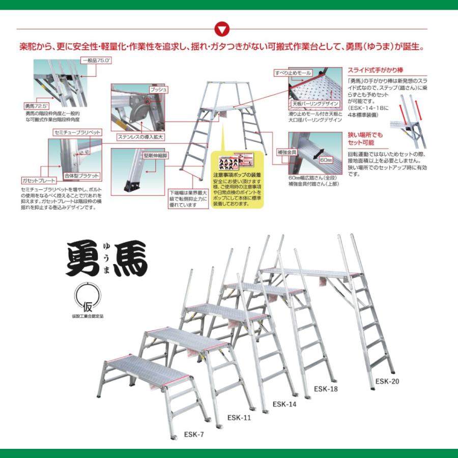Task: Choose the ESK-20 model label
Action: point(388,381)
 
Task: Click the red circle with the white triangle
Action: point(222,28)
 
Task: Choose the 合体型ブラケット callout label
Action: point(81,176)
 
